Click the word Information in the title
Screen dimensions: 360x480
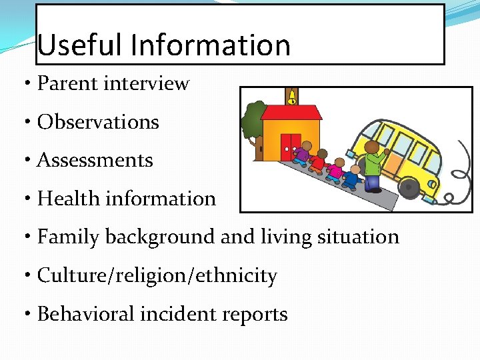click(x=211, y=45)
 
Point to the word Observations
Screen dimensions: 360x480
click(x=98, y=123)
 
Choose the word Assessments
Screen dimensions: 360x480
click(x=95, y=161)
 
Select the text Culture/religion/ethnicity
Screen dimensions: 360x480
click(x=157, y=276)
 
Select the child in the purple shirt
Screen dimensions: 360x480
click(x=304, y=155)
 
